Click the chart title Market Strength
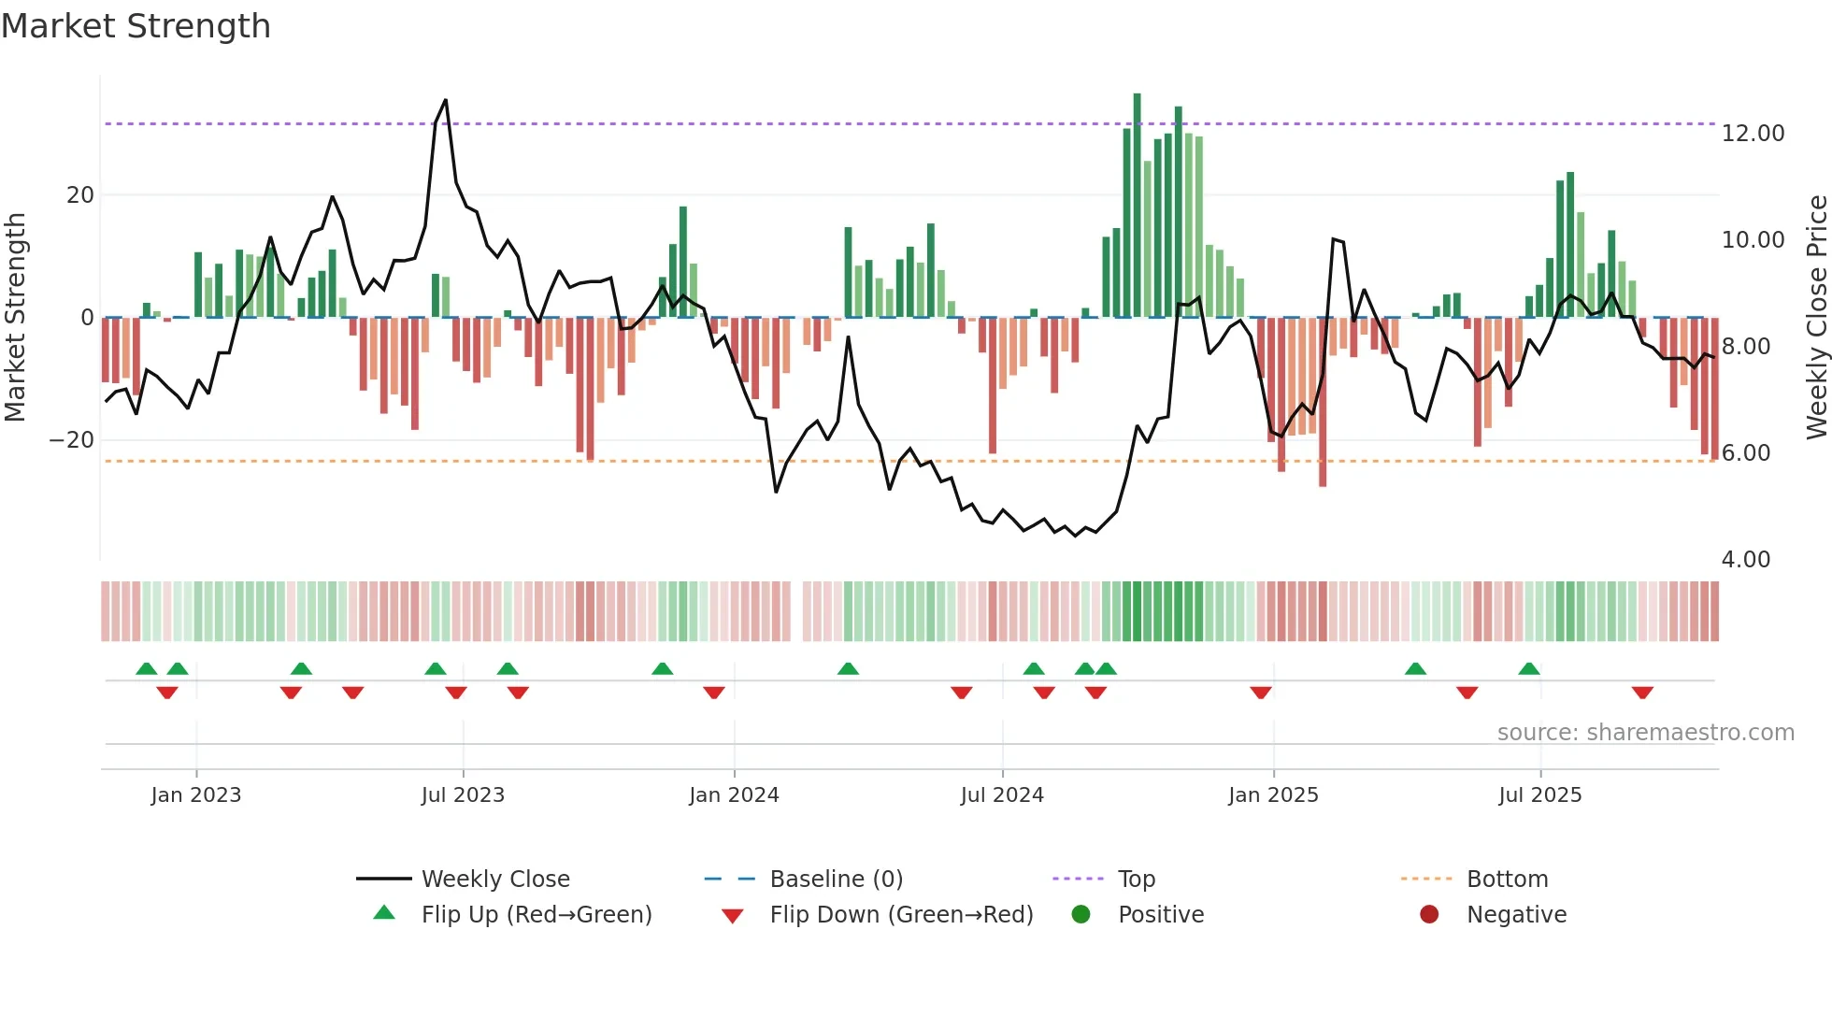[x=136, y=26]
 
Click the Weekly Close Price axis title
[x=1816, y=316]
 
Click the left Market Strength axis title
[x=15, y=316]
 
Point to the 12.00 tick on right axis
[x=1753, y=134]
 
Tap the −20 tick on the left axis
[x=72, y=440]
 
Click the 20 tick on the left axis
[x=80, y=195]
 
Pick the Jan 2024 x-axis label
[x=734, y=795]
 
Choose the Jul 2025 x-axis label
[x=1539, y=795]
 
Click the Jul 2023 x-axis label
[x=463, y=795]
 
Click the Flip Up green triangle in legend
[x=384, y=913]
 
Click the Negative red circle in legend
[x=1429, y=915]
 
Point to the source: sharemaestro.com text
[x=1645, y=733]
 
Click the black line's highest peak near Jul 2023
[x=445, y=100]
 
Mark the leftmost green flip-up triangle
[x=147, y=668]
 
